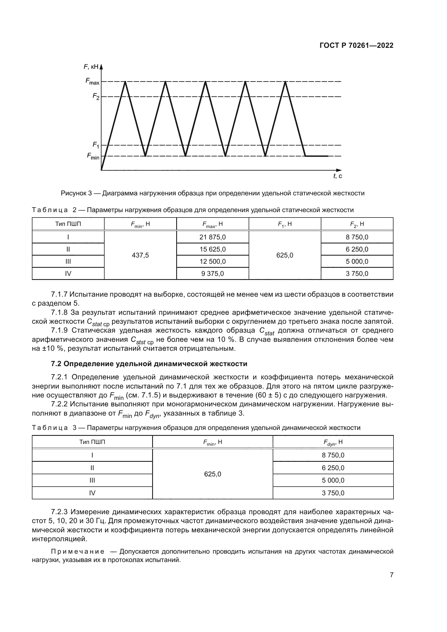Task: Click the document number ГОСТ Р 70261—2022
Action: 356,46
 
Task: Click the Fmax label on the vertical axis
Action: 92,81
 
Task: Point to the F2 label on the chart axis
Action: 95,96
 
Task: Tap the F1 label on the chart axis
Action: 95,145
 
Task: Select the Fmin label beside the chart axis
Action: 93,156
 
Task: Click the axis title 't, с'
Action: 338,176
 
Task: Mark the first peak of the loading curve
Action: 125,82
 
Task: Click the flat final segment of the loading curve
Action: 316,156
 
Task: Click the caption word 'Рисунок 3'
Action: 76,193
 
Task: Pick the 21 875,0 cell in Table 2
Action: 212,237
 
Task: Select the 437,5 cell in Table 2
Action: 140,255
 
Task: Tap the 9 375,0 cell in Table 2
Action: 212,274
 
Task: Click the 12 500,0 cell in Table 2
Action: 212,261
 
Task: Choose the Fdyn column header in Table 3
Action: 333,443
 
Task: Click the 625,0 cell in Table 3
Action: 212,474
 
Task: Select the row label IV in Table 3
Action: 92,493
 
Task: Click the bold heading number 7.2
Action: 56,364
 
